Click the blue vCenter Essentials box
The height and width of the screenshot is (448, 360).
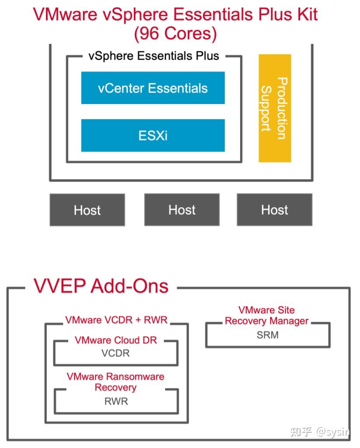[x=153, y=88]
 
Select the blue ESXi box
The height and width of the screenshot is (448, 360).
[x=153, y=135]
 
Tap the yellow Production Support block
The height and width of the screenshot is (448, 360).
[x=275, y=108]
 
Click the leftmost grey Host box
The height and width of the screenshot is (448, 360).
[x=87, y=210]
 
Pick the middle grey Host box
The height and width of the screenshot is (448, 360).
[x=182, y=210]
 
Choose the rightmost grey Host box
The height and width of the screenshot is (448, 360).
[x=274, y=210]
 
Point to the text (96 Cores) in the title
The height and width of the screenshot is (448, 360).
[x=175, y=34]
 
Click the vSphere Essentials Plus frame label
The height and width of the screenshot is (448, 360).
[x=154, y=56]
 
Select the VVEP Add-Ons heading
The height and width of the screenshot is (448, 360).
[x=101, y=286]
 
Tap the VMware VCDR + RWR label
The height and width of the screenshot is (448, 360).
[x=116, y=320]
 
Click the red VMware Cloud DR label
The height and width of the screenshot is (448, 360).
[x=115, y=340]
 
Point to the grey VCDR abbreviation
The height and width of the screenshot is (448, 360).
[x=115, y=353]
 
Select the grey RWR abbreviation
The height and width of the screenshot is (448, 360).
[x=116, y=401]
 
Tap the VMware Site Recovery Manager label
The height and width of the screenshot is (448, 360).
[x=266, y=315]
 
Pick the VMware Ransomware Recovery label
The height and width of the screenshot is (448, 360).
[x=115, y=382]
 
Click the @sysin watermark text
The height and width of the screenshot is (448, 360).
[x=333, y=432]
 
